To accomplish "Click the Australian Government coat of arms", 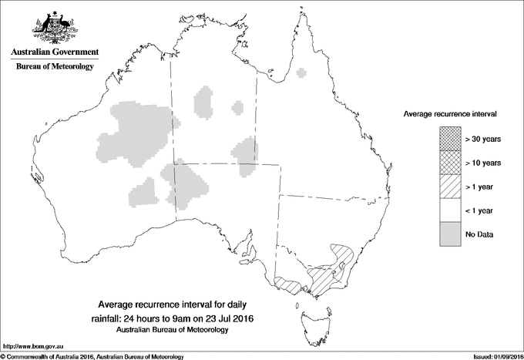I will pyautogui.click(x=54, y=26).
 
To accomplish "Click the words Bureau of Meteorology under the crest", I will pyautogui.click(x=54, y=67).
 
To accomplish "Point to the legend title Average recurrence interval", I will pyautogui.click(x=449, y=113).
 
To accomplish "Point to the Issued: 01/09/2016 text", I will pyautogui.click(x=493, y=355).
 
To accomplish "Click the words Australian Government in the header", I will pyautogui.click(x=54, y=52).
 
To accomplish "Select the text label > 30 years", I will pyautogui.click(x=484, y=140).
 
